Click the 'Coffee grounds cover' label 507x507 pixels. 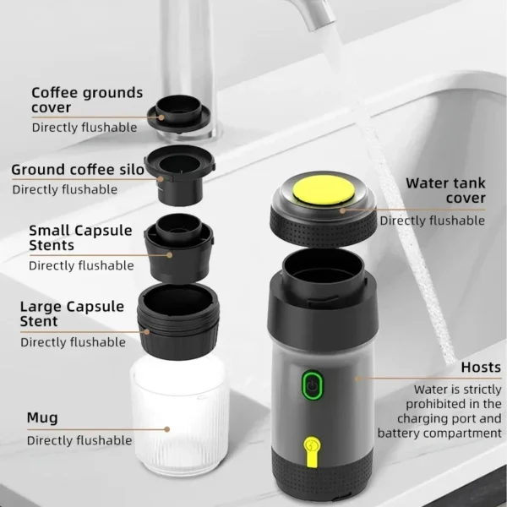coord(87,101)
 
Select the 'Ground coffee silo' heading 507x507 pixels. coord(77,170)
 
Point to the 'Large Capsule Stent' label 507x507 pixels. coord(72,313)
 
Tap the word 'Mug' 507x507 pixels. coord(42,417)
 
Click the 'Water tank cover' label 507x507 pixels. coord(445,190)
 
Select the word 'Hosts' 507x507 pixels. coord(481,368)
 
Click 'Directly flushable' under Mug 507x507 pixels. coord(79,440)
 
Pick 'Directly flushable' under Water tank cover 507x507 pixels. coord(432,221)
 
